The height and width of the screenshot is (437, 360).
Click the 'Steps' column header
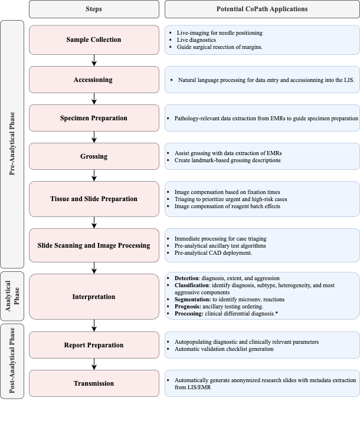click(x=94, y=9)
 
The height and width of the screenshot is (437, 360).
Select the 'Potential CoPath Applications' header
click(x=262, y=9)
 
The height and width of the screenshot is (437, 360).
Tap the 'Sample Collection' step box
click(x=94, y=40)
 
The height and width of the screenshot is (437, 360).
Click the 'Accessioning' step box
click(x=94, y=80)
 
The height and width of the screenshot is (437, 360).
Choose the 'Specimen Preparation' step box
click(x=94, y=118)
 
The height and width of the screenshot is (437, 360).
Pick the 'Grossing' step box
click(x=94, y=157)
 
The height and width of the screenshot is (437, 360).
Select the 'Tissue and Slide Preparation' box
click(x=94, y=199)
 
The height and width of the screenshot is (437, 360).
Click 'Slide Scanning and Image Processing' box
click(x=94, y=245)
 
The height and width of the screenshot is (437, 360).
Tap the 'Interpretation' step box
click(x=94, y=297)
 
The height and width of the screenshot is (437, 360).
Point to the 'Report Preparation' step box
click(x=94, y=346)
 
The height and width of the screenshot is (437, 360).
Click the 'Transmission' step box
click(x=94, y=383)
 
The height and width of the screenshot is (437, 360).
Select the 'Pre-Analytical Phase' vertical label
click(x=12, y=144)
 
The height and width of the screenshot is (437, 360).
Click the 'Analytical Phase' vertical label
click(x=12, y=297)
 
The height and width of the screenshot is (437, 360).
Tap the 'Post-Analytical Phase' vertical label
click(x=12, y=362)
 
